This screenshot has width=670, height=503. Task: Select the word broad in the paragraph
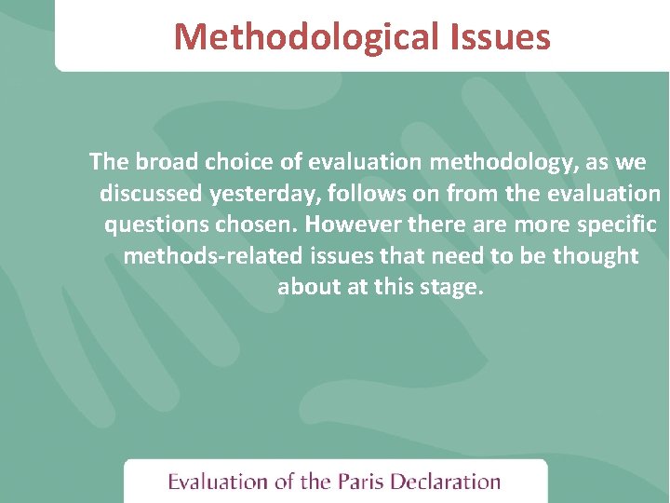(x=167, y=162)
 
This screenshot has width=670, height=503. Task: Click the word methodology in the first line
(x=502, y=162)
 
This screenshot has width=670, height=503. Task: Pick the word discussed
(x=151, y=194)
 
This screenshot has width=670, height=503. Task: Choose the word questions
(x=154, y=225)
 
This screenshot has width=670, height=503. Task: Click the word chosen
(x=256, y=225)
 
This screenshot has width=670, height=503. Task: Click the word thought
(x=596, y=256)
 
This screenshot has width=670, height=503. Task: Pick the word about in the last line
(x=309, y=287)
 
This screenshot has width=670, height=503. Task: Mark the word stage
(x=453, y=287)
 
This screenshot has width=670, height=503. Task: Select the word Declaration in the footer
(x=446, y=482)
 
